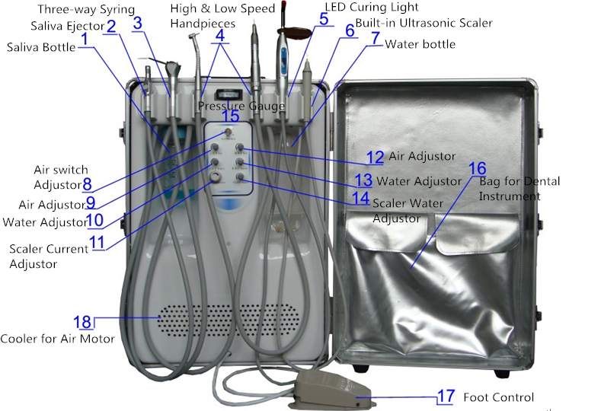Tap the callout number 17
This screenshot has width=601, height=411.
(446, 397)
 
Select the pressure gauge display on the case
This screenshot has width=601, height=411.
(228, 94)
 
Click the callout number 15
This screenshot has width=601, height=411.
(230, 116)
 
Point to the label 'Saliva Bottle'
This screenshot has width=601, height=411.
(41, 47)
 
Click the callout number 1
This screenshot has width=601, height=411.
(85, 39)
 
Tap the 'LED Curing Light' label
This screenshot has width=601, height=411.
(372, 7)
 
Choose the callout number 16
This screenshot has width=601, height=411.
(477, 168)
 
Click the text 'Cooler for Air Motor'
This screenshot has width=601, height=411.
(57, 339)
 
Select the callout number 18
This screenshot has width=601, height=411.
(83, 322)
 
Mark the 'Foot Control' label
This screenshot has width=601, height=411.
(498, 397)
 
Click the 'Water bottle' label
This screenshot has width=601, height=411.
(420, 44)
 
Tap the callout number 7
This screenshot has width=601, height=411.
(376, 37)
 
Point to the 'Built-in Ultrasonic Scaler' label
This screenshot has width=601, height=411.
(424, 23)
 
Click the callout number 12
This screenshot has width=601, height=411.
(375, 158)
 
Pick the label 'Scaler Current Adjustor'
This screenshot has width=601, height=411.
(49, 256)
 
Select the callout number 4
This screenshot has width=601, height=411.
(220, 36)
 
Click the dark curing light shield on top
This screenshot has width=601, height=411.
(293, 33)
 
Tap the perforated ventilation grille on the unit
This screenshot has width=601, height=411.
(229, 320)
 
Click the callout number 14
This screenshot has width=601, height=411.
(361, 198)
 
